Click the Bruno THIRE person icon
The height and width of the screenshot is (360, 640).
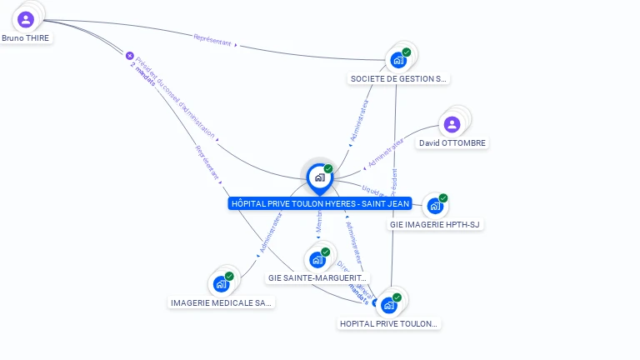pos(26,19)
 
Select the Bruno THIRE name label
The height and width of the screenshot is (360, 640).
pos(26,38)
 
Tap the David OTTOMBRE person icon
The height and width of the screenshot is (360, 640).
pos(452,124)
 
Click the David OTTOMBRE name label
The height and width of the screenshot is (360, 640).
pos(452,143)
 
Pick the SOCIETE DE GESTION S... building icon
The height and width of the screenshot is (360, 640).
pos(398,60)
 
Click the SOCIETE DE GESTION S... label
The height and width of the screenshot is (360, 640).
pos(399,79)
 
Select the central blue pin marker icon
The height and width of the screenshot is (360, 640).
pos(319,177)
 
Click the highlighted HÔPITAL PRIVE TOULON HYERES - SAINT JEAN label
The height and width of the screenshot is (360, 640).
pos(320,203)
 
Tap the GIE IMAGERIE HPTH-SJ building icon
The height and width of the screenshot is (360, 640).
pos(434,206)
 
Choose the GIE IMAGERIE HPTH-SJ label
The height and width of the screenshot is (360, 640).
pos(436,224)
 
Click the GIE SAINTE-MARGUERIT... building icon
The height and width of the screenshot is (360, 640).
pos(317,259)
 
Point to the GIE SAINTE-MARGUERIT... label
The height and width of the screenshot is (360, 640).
pos(317,277)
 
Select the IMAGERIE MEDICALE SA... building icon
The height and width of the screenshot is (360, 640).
pos(221,284)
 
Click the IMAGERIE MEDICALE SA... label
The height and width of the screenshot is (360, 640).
pos(222,302)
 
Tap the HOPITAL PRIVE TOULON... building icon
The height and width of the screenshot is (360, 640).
pos(388,305)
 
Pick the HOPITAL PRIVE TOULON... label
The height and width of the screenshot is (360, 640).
pos(389,323)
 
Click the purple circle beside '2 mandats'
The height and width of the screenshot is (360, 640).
pos(129,56)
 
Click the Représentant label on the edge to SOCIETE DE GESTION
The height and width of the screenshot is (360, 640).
pos(212,38)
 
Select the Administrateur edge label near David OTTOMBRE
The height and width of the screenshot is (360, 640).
pos(385,149)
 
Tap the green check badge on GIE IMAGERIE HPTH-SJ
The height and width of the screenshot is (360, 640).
pos(443,198)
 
